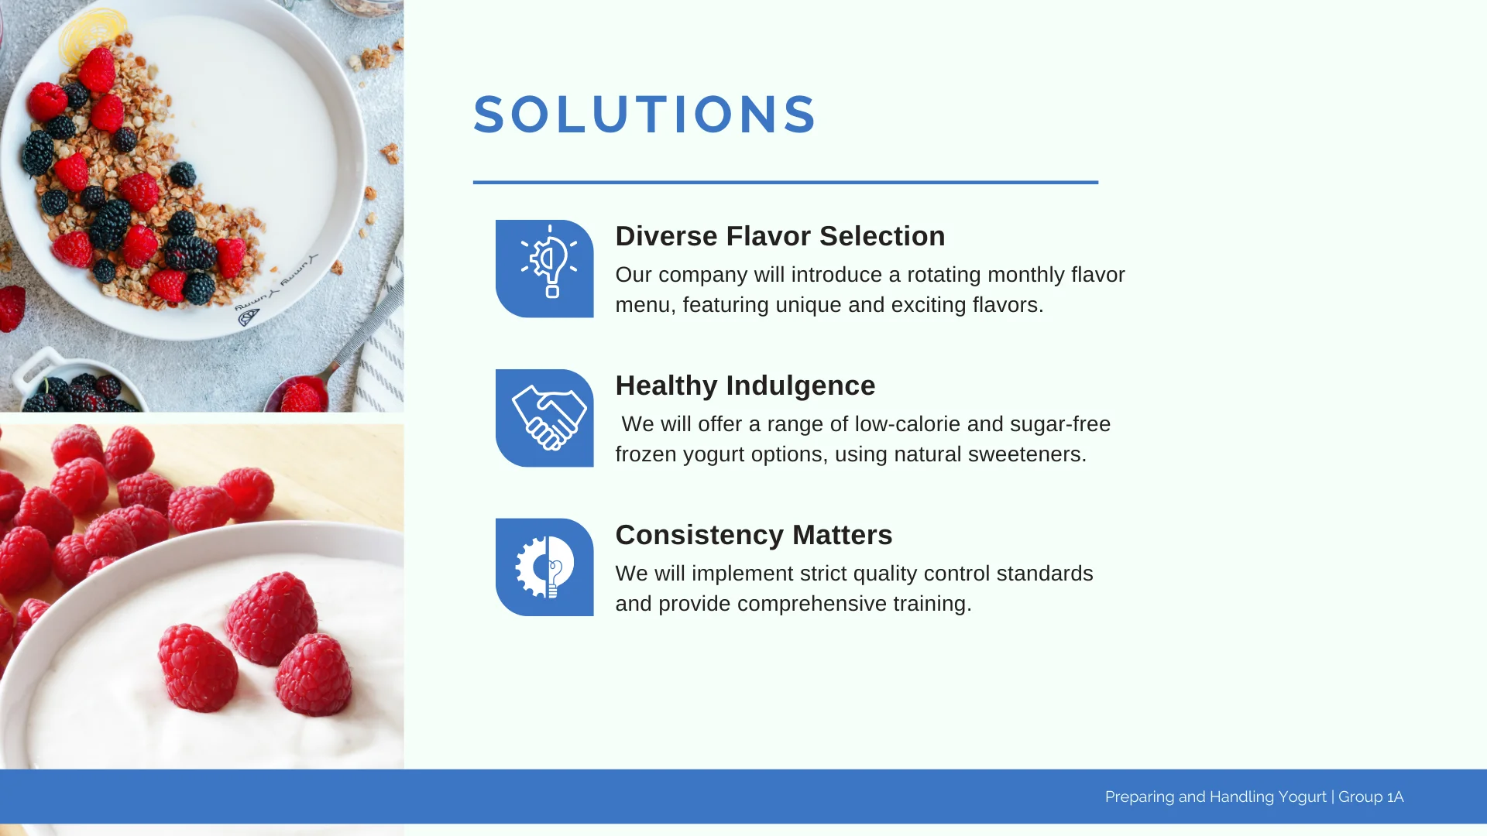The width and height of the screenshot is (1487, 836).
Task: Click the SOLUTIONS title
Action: [x=644, y=115]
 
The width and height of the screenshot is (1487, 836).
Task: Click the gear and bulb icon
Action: [x=544, y=567]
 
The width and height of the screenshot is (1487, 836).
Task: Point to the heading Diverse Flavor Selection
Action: [x=780, y=236]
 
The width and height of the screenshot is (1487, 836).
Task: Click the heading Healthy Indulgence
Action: [x=745, y=385]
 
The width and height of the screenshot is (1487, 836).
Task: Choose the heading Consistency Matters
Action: [x=754, y=535]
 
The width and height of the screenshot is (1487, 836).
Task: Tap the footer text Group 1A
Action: [x=1371, y=797]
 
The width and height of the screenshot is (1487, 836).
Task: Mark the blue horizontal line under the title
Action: [x=785, y=183]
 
